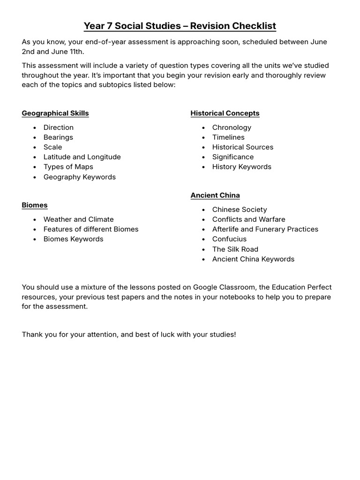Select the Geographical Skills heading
(x=55, y=113)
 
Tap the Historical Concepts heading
(x=225, y=113)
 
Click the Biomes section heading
(x=34, y=205)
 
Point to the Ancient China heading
(x=215, y=195)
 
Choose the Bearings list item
(x=58, y=137)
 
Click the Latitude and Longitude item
(x=82, y=157)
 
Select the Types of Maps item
(x=68, y=166)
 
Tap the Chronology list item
(x=232, y=127)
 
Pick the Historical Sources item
(x=242, y=147)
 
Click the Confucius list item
(x=229, y=239)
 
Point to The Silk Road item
(x=235, y=249)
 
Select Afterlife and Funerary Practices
(x=265, y=229)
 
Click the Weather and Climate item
(x=78, y=219)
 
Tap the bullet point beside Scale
(x=35, y=147)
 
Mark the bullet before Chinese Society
(x=203, y=210)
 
